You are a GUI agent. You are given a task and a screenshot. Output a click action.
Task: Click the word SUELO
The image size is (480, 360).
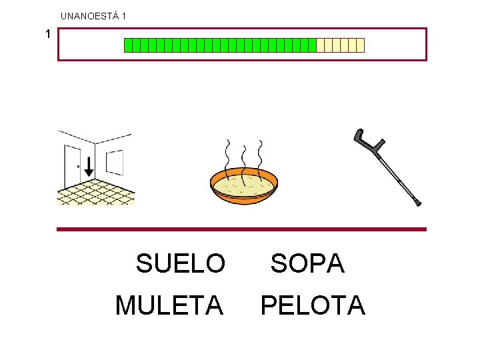(x=181, y=264)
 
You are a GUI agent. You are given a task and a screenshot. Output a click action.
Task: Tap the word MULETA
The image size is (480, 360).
(x=169, y=306)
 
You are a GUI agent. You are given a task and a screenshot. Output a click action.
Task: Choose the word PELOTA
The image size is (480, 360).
(x=313, y=306)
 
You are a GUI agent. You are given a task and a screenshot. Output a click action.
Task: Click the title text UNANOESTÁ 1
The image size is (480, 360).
(x=93, y=15)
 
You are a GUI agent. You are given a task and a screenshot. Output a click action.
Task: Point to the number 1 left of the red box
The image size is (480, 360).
(x=47, y=33)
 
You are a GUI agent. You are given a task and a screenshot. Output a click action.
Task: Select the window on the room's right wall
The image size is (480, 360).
(x=115, y=162)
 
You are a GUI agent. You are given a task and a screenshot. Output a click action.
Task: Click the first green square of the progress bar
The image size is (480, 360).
(x=128, y=45)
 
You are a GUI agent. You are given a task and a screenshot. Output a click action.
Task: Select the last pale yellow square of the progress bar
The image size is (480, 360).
(x=361, y=45)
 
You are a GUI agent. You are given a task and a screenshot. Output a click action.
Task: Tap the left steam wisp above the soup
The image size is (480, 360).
(x=228, y=157)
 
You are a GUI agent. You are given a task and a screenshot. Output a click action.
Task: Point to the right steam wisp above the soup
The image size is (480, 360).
(x=260, y=157)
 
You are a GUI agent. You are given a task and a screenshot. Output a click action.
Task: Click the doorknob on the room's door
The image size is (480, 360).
(x=79, y=167)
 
